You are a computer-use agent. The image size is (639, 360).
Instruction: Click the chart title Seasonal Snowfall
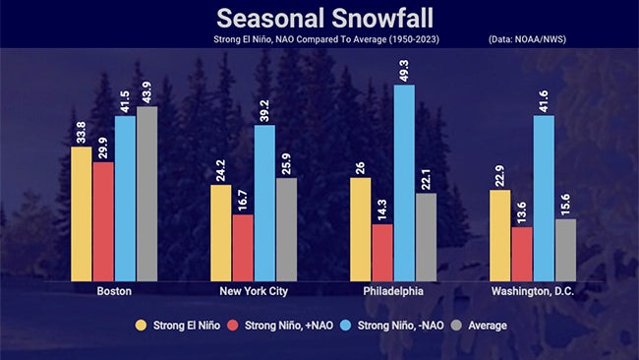[x=319, y=19]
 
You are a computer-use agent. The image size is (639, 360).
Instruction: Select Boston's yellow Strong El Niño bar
[x=82, y=213]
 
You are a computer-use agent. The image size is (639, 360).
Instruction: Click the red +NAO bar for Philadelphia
[x=381, y=252]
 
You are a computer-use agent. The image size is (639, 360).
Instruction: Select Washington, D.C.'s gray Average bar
[x=565, y=249]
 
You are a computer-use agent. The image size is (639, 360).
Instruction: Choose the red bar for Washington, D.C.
[x=522, y=253]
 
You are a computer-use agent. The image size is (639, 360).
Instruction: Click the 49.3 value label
[x=404, y=67]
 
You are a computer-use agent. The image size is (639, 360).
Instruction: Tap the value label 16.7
[x=244, y=197]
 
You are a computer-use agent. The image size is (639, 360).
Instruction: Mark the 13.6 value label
[x=522, y=210]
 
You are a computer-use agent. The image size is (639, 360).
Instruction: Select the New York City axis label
[x=254, y=291]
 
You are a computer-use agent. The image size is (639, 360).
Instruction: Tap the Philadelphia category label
[x=392, y=291]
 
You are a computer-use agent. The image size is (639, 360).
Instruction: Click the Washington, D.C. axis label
[x=533, y=291]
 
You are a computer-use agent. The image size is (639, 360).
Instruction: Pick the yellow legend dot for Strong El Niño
[x=141, y=325]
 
